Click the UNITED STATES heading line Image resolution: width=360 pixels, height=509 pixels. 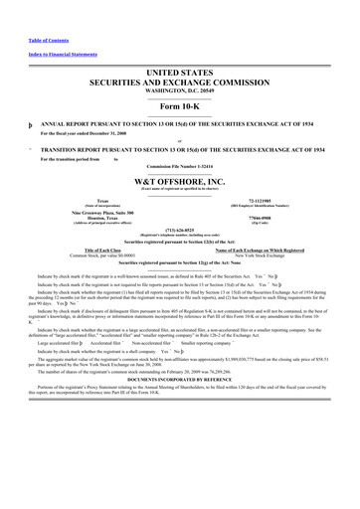click(x=179, y=75)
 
